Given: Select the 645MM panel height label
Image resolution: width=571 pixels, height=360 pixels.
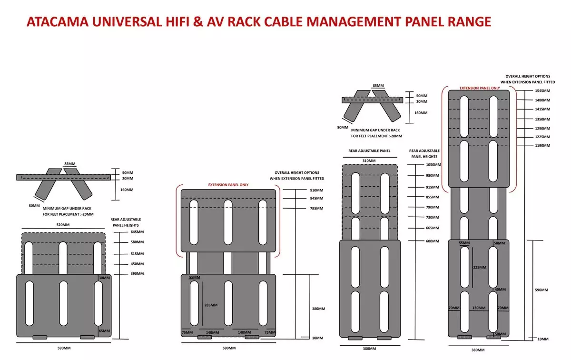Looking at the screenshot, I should click(137, 232).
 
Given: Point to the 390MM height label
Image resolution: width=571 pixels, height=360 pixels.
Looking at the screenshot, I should click(137, 274).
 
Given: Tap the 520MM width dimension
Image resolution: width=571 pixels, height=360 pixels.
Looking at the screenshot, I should click(63, 225).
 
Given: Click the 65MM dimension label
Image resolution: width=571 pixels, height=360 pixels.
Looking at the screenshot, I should click(104, 330).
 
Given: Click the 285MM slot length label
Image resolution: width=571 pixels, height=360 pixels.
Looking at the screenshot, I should click(210, 305).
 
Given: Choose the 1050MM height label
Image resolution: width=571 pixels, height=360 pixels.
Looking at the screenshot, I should click(433, 165).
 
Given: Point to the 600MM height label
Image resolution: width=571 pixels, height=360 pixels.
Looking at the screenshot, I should click(432, 241).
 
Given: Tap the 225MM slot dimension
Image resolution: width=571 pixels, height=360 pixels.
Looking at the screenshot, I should click(479, 268).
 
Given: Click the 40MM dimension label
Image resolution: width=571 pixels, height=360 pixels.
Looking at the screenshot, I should click(500, 290).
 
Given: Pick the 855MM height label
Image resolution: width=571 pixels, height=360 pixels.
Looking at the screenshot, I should click(432, 197).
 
